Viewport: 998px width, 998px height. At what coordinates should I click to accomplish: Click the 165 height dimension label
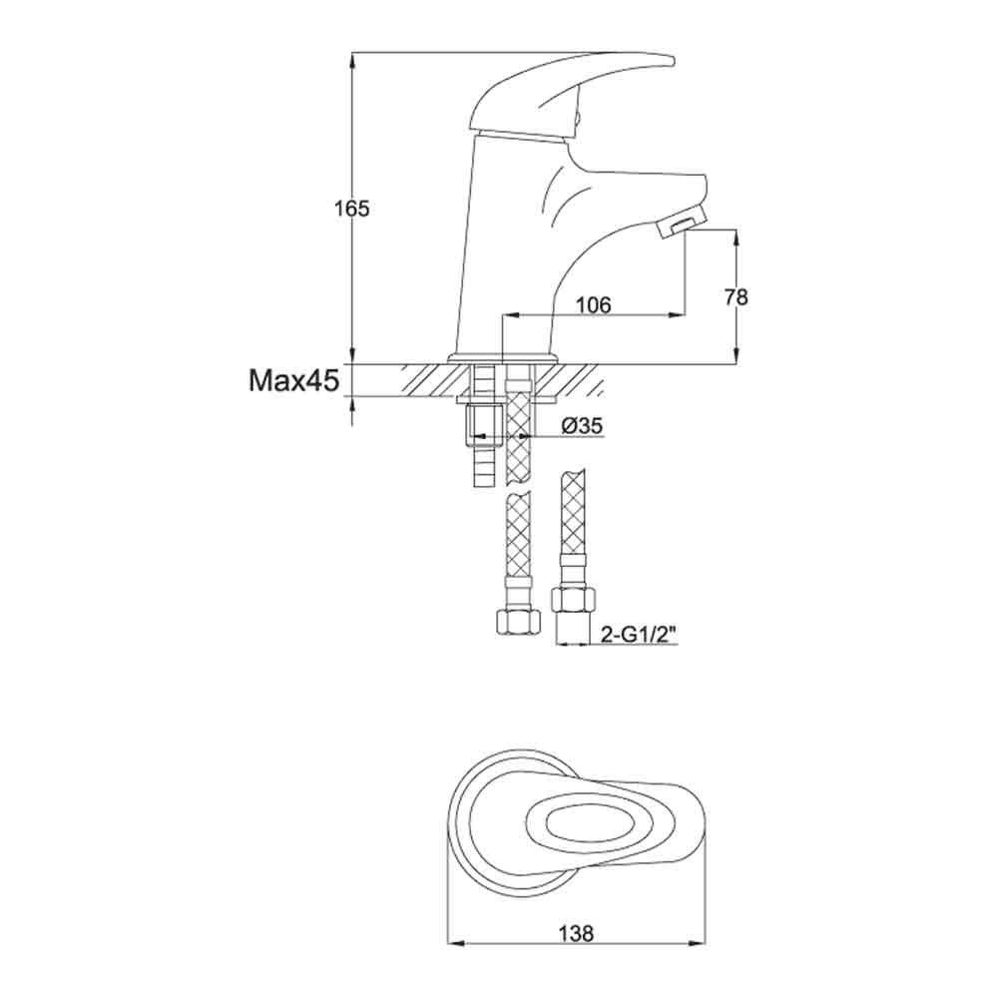(352, 209)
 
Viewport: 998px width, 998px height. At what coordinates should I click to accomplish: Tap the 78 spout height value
(738, 296)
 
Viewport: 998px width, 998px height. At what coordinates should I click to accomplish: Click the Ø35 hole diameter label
(582, 426)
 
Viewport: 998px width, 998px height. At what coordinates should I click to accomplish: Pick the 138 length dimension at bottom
(576, 934)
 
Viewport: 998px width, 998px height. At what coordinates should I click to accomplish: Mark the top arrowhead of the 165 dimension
(352, 58)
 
